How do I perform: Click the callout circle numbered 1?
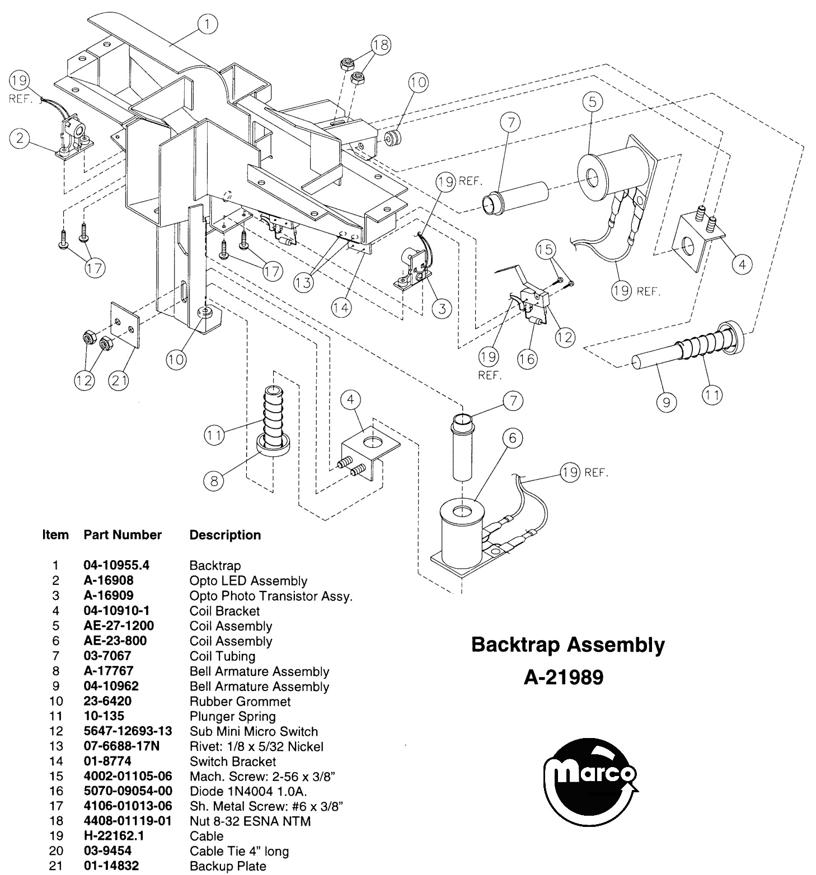click(208, 23)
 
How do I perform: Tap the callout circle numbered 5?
click(592, 101)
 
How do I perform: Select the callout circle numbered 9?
click(666, 401)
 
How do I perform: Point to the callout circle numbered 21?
click(118, 381)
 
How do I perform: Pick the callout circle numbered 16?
click(527, 358)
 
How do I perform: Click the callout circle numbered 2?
click(20, 139)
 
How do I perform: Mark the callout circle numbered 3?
click(442, 308)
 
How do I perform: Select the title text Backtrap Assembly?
click(568, 645)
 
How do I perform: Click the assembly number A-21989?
click(564, 678)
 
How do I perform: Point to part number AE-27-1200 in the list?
click(119, 626)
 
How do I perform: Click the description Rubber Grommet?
click(240, 701)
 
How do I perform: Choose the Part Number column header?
click(123, 535)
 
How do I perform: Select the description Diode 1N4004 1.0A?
click(248, 791)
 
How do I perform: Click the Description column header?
click(225, 536)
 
